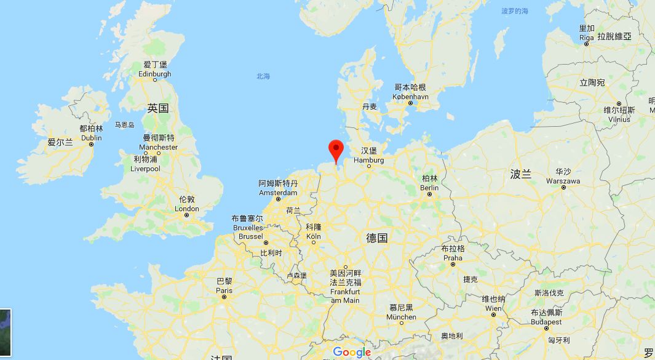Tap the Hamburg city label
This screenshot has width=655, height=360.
coord(369,160)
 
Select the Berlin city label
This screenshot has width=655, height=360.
coord(429,188)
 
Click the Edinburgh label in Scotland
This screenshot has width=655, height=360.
coord(155,74)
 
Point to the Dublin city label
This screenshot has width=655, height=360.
coord(91,138)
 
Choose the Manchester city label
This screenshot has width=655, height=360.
coord(159,147)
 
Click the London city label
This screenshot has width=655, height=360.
coord(187,209)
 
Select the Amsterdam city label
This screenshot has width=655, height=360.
coord(278,193)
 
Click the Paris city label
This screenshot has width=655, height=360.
coord(224,290)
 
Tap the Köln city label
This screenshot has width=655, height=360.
coord(314,236)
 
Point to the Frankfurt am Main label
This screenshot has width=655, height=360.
coord(345,295)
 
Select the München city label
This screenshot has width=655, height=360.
coord(401,317)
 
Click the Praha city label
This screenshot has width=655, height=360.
coord(453,258)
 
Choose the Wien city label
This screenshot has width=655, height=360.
coord(493,308)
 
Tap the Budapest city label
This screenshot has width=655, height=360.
coord(546,322)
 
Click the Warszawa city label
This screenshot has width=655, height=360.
coord(563,181)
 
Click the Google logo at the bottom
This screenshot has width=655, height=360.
coord(352,352)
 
